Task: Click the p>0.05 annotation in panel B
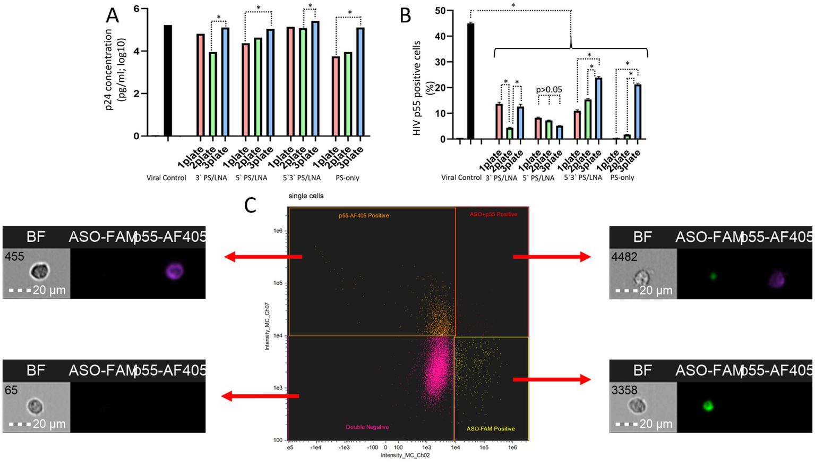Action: (548, 89)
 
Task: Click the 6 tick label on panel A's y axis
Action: (136, 9)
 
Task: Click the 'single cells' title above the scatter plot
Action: (306, 196)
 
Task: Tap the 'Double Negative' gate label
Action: (367, 427)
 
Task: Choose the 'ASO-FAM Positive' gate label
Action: (491, 428)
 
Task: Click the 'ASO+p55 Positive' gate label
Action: (493, 214)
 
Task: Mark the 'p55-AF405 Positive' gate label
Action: (364, 216)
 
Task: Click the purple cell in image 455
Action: (174, 272)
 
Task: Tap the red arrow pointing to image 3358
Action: (552, 379)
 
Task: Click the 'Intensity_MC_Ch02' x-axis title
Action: (405, 455)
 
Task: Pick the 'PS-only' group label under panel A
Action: (347, 178)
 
